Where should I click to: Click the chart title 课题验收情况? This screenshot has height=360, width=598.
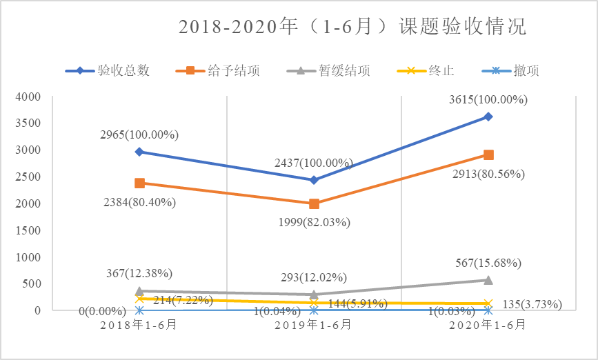pyautogui.click(x=352, y=27)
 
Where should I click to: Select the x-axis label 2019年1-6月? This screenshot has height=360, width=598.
pyautogui.click(x=314, y=324)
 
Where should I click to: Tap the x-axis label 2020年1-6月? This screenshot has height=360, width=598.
pyautogui.click(x=488, y=324)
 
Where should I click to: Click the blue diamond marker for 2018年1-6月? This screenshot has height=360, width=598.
pyautogui.click(x=139, y=152)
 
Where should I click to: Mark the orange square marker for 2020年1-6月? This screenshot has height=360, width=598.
pyautogui.click(x=488, y=154)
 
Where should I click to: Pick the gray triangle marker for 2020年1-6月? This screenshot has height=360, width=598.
pyautogui.click(x=488, y=280)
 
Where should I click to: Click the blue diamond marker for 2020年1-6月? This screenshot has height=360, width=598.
pyautogui.click(x=488, y=117)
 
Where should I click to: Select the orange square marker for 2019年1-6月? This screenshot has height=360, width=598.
pyautogui.click(x=314, y=203)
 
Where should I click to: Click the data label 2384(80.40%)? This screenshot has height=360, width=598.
pyautogui.click(x=138, y=202)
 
